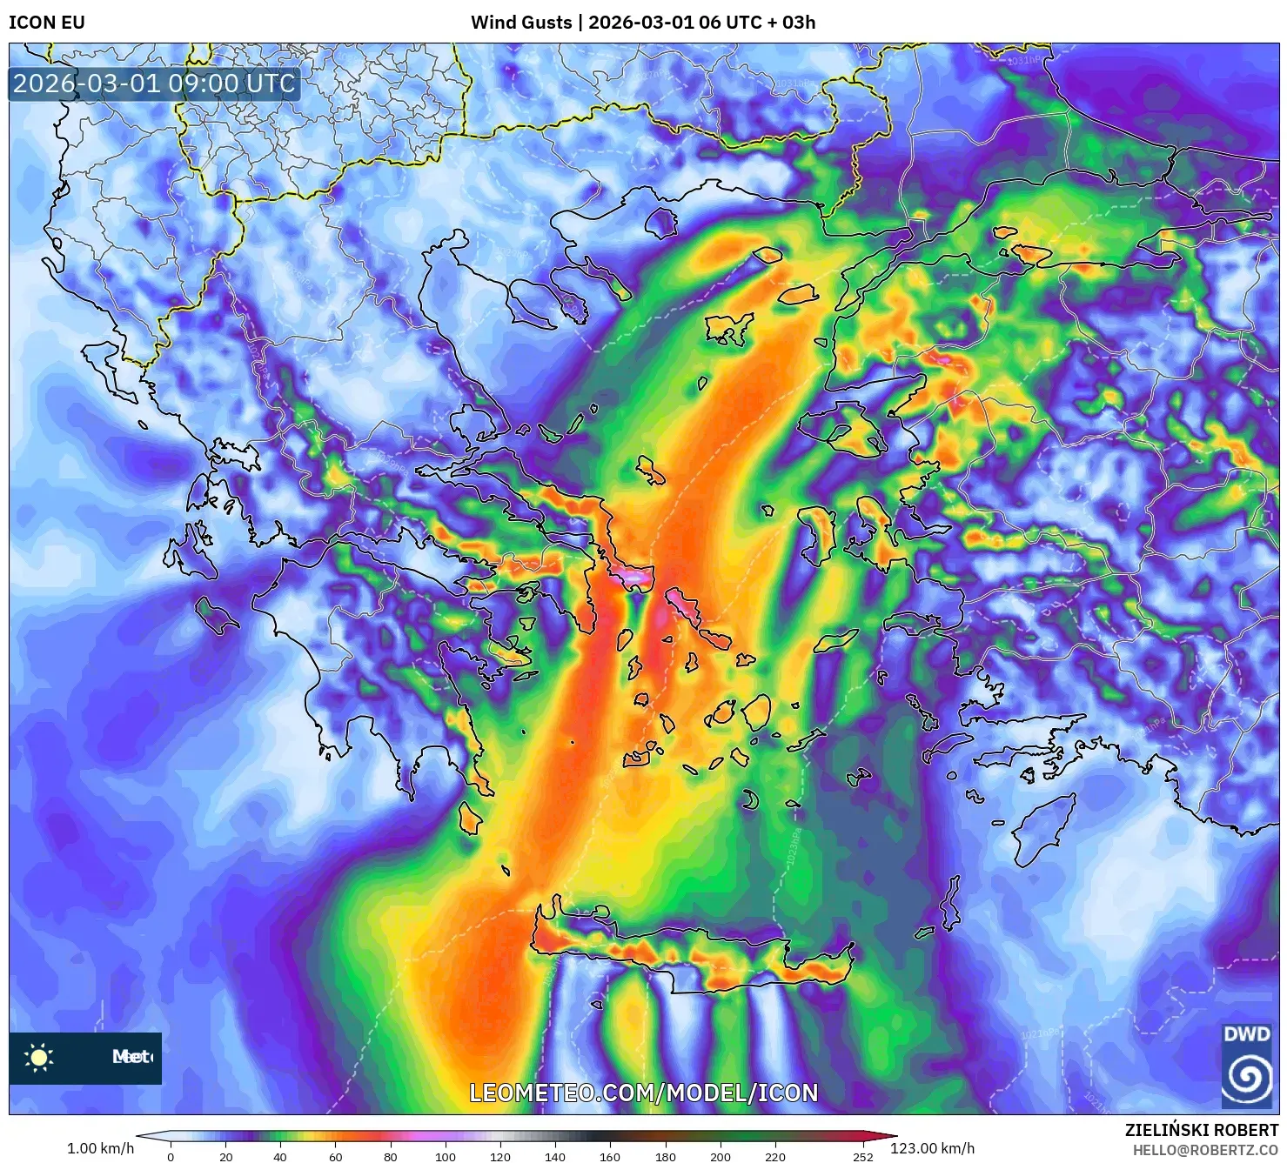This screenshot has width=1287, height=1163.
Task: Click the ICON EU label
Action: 47,23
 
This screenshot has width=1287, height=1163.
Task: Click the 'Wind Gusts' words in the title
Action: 521,23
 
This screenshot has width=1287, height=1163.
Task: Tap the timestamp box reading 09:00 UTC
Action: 154,84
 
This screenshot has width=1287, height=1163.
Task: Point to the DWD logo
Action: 1246,1066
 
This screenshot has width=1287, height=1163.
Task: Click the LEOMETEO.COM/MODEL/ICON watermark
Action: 644,1093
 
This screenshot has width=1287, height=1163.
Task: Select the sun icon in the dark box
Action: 39,1058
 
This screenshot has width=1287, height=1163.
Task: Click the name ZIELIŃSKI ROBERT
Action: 1201,1130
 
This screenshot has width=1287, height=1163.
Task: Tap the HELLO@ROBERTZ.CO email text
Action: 1205,1150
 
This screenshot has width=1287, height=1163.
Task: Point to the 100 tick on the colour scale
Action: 446,1157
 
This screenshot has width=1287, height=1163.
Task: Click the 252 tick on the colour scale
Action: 862,1157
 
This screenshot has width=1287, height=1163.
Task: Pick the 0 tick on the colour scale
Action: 171,1157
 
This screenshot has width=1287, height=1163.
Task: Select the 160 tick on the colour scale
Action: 610,1157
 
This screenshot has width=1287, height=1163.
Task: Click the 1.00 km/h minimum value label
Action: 100,1148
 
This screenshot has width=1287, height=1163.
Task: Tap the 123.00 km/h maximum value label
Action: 932,1148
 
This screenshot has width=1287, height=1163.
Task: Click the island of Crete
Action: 687,952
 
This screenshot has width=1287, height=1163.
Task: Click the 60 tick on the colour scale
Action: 336,1157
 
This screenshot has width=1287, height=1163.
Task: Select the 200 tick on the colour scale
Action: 721,1157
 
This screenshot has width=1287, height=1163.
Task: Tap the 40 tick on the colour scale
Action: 280,1157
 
